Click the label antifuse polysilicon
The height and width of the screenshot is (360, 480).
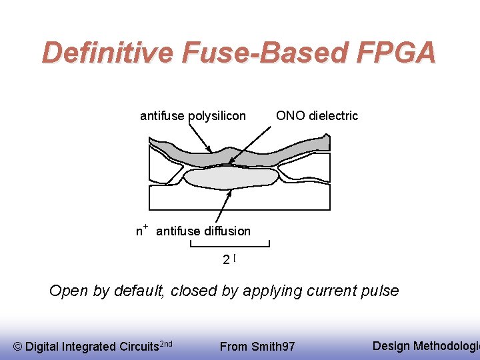[x=193, y=116]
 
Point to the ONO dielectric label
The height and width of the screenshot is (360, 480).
[x=317, y=115]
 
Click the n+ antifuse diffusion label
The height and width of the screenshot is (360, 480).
[x=193, y=231]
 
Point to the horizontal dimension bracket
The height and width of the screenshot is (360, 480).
[x=230, y=246]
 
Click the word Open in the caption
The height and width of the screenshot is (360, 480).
[x=67, y=291]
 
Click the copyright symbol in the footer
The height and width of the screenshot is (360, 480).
[x=18, y=346]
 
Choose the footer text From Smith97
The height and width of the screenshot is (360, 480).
[x=257, y=346]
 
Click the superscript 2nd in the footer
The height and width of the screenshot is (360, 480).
[x=167, y=343]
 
